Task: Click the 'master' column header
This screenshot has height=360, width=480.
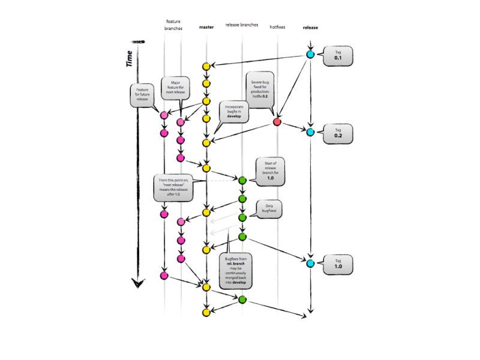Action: pos(206,27)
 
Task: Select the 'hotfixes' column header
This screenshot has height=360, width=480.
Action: pos(277,27)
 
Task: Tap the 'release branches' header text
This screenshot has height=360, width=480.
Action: pos(242,25)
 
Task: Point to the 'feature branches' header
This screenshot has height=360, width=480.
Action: pos(172,25)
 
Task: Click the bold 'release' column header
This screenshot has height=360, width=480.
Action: pos(310,27)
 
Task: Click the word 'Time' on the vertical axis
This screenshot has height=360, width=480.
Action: pos(130,58)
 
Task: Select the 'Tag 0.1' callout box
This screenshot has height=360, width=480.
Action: pos(338,56)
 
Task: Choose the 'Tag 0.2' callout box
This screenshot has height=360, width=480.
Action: pos(338,133)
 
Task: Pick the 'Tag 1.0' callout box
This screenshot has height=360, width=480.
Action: pos(338,263)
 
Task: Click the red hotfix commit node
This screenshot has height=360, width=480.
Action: pos(277,122)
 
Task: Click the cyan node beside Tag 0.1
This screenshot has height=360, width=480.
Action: pos(310,54)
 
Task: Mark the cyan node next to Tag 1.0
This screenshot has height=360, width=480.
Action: pos(310,263)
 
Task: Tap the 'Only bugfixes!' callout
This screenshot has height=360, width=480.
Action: pos(268,209)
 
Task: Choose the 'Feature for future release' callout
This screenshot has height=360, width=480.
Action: pos(142,95)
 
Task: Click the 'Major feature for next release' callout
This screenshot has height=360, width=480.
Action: pos(176,89)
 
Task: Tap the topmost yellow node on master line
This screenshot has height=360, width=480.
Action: pos(206,66)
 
